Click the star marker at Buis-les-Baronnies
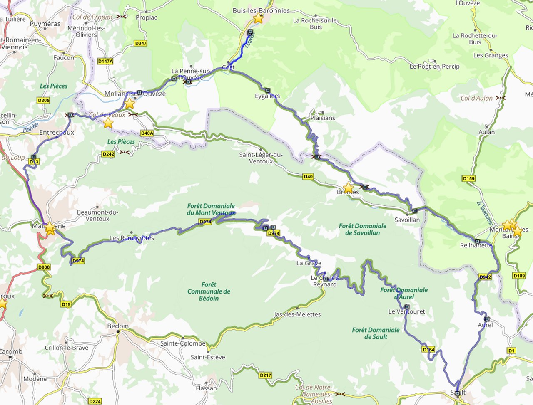[x=258, y=18]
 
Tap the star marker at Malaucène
[x=50, y=228]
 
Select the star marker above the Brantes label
[x=348, y=188]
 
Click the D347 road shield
[x=141, y=43]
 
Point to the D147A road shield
[x=105, y=61]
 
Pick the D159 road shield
[x=468, y=178]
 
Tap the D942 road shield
[x=485, y=277]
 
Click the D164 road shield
[x=428, y=349]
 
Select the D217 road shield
[x=265, y=375]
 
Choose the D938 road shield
[x=44, y=267]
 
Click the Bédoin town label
[x=118, y=326]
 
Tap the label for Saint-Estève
[x=208, y=357]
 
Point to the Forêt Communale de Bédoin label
[x=209, y=291]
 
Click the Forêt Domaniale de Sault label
[x=376, y=333]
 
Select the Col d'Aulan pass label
[x=476, y=98]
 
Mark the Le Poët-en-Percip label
[x=434, y=67]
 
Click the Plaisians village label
[x=323, y=118]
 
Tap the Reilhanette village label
[x=476, y=245]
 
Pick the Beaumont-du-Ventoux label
[x=97, y=215]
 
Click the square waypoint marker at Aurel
[x=487, y=319]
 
